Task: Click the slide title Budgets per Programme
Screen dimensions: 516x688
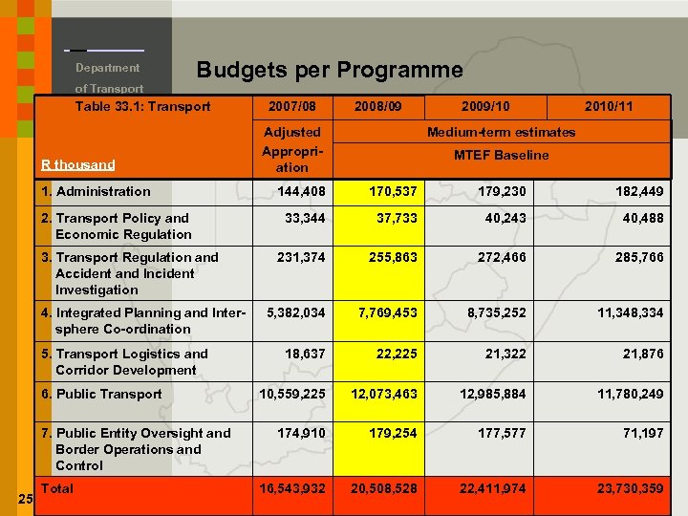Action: [x=329, y=70]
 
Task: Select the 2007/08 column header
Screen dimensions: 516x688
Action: [x=292, y=106]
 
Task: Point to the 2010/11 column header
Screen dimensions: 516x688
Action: [x=608, y=106]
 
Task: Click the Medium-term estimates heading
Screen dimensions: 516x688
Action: [x=501, y=132]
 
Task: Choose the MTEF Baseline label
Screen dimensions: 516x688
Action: [x=501, y=155]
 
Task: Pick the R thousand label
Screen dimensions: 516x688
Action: [x=78, y=164]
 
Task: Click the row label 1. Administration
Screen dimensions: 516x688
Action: [x=96, y=191]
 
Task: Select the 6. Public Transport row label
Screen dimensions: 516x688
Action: [x=101, y=394]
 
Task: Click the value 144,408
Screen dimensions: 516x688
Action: [x=301, y=191]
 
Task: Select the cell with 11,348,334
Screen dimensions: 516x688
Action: [x=630, y=312]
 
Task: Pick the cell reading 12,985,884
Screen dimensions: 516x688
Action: [x=492, y=394]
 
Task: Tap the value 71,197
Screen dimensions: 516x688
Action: [x=643, y=433]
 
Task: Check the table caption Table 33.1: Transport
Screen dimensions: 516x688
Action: [x=142, y=106]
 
